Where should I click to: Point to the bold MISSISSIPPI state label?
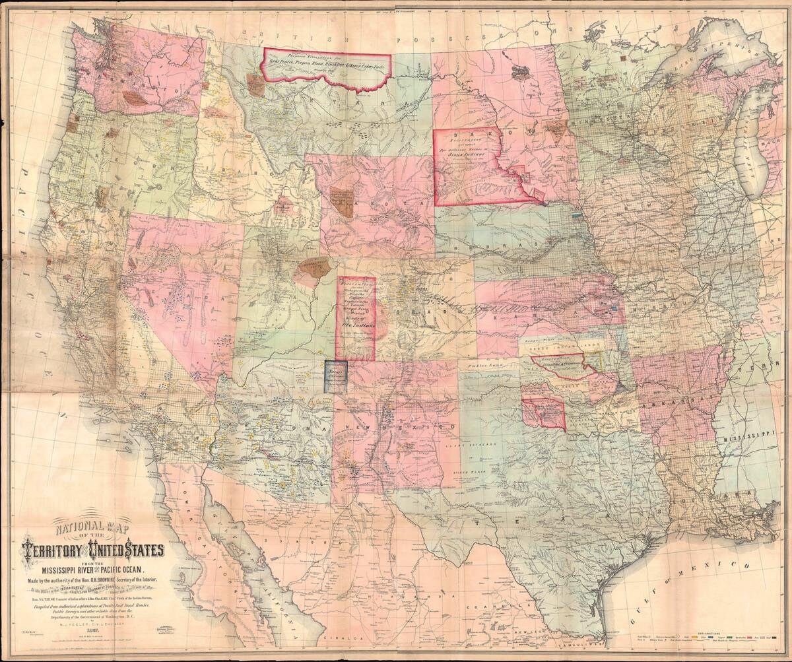(752, 438)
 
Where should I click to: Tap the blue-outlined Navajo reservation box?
(335, 376)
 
